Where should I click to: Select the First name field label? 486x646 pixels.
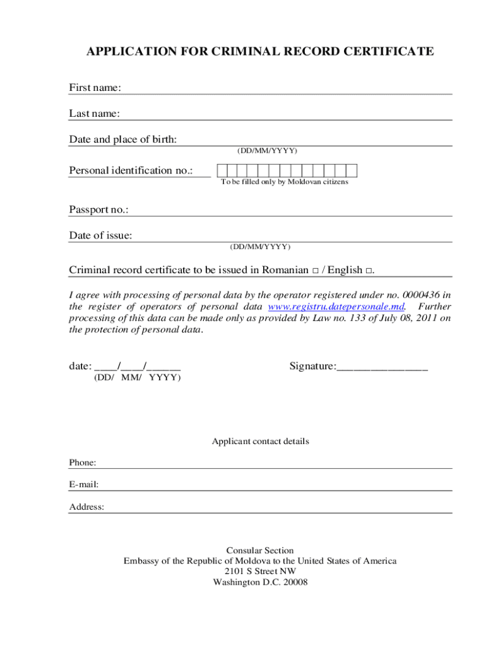[x=95, y=88]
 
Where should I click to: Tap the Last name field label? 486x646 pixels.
[x=94, y=114]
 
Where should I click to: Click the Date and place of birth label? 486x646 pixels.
[x=122, y=139]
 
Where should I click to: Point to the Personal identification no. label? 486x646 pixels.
[x=131, y=170]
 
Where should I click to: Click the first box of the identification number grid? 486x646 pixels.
[x=222, y=170]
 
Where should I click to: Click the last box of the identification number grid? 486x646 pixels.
[x=352, y=170]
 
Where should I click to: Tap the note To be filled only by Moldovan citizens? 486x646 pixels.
[x=284, y=182]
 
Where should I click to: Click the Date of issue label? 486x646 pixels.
[x=100, y=236]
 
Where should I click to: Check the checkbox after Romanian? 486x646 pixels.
[x=314, y=271]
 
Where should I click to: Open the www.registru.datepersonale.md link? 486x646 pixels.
[x=336, y=307]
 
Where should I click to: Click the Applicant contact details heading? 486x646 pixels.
[x=260, y=442]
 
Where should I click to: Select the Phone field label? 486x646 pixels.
[x=83, y=463]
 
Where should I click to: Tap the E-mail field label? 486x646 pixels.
[x=84, y=485]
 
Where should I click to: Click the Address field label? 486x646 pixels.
[x=86, y=507]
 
